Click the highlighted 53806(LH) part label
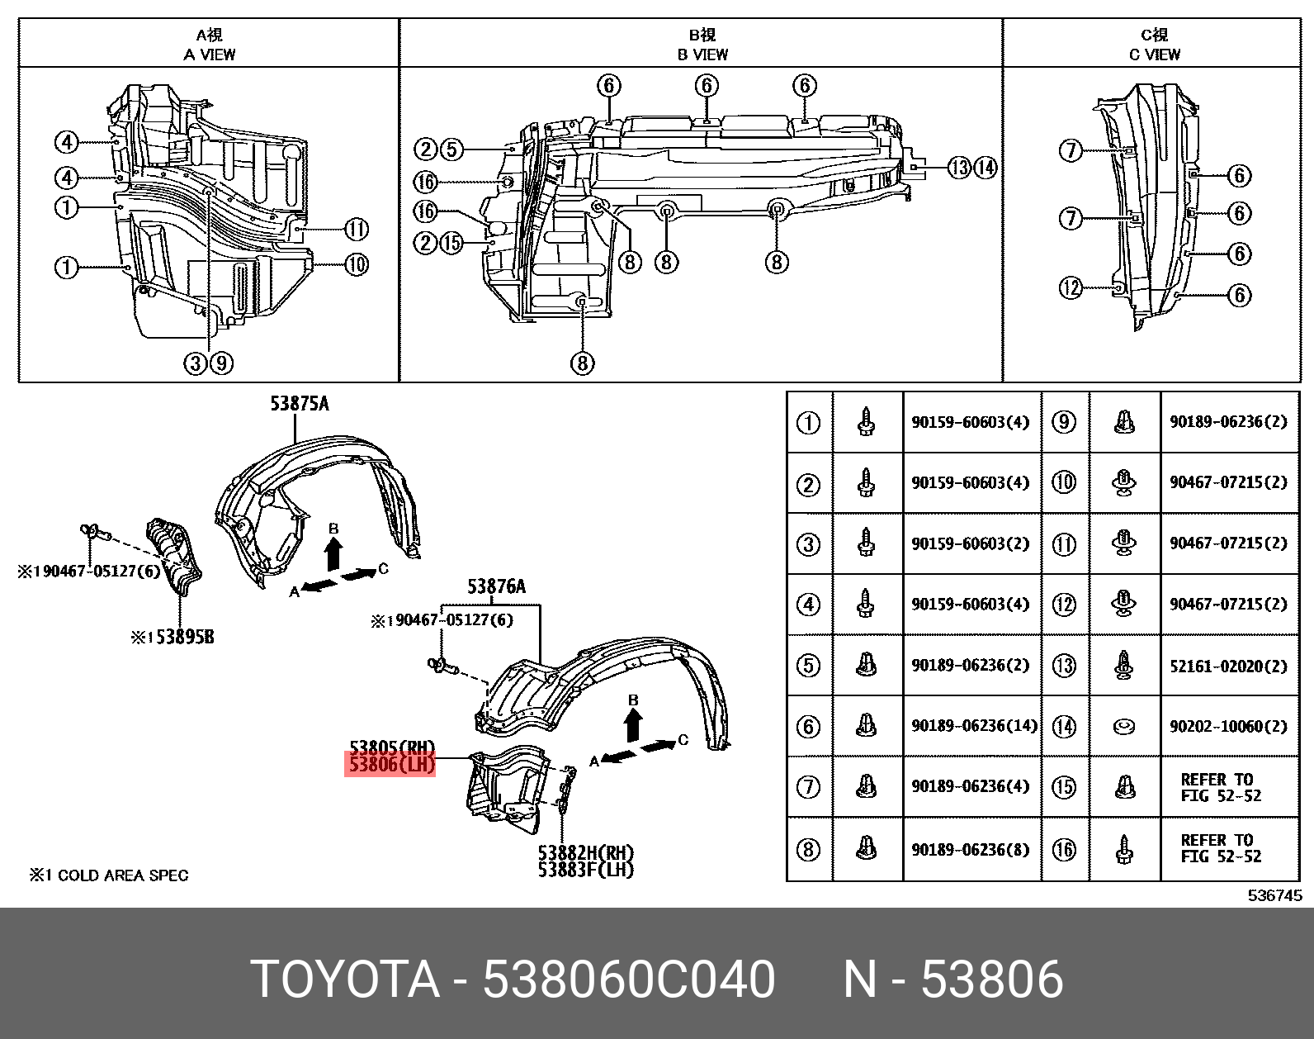click(390, 765)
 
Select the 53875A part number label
click(299, 404)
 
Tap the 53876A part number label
click(496, 587)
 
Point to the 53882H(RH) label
click(585, 852)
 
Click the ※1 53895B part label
click(173, 638)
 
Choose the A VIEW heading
click(210, 55)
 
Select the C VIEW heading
click(1154, 55)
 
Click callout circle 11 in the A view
click(356, 229)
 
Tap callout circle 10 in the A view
click(356, 264)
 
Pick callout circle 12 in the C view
click(1071, 287)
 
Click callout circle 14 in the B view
click(985, 168)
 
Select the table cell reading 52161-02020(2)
click(1227, 666)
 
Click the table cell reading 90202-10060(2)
click(1227, 727)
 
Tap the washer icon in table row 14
click(1124, 727)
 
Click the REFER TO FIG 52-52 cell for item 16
click(1221, 848)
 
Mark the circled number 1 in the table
click(808, 423)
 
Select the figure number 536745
click(1274, 895)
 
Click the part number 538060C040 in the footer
click(628, 980)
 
